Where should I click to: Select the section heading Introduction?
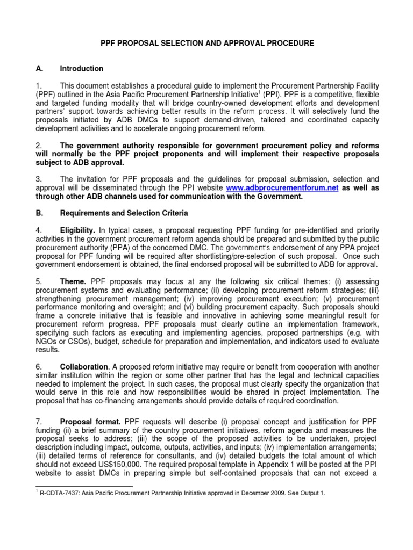click(82, 69)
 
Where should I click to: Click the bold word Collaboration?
click(84, 367)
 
